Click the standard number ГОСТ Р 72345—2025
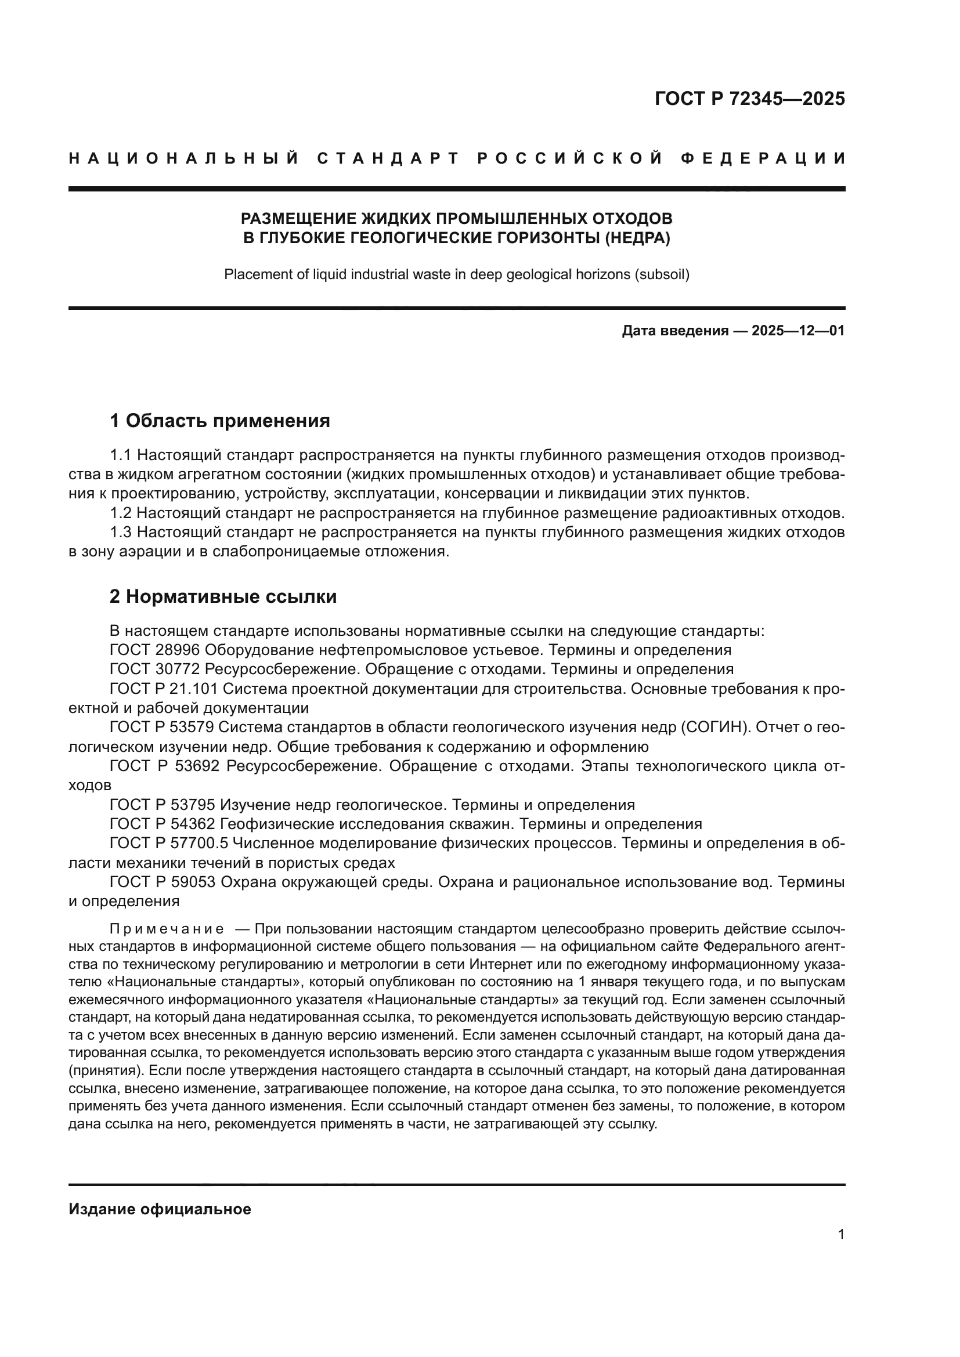[749, 99]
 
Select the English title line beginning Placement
[456, 274]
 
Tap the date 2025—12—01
[798, 330]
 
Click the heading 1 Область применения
[220, 421]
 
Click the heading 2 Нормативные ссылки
[223, 597]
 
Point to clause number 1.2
[121, 513]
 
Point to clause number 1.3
[121, 533]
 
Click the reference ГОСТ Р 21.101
[164, 689]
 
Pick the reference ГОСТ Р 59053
[163, 882]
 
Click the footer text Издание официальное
[160, 1209]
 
